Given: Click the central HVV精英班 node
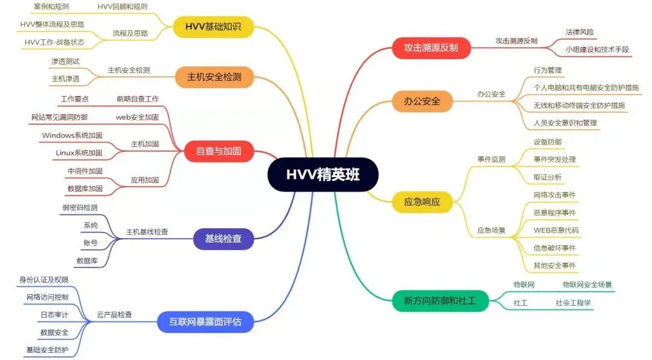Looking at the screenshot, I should (x=322, y=175).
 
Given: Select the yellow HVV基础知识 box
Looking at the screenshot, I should (x=213, y=27).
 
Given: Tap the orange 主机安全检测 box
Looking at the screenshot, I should (x=214, y=77).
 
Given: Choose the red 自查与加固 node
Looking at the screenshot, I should (x=218, y=151).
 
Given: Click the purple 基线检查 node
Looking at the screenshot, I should (x=219, y=239).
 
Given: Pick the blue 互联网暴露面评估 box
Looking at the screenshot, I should (x=205, y=321).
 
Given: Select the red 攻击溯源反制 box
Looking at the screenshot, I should (x=431, y=48).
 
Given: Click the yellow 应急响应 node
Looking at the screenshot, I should (x=422, y=202).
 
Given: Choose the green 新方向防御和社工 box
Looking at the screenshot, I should (x=440, y=300).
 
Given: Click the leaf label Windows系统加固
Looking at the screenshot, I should (x=72, y=135).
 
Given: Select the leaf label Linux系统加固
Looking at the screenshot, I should (x=78, y=153).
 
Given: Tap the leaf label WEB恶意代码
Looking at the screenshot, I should (x=555, y=230).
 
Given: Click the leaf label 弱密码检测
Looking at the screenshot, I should (x=80, y=208).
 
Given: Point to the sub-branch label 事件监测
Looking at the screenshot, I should (x=491, y=159).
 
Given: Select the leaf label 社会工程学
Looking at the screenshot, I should (x=573, y=303).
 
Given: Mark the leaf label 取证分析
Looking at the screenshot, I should (x=547, y=177).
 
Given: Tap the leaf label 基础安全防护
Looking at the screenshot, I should (x=47, y=350).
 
